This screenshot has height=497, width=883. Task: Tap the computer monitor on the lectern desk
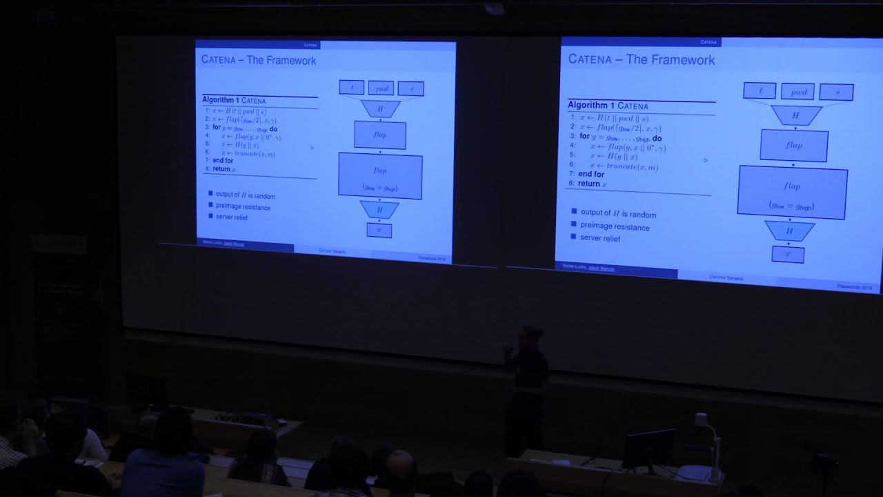click(648, 449)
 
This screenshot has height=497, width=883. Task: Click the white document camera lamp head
click(702, 419)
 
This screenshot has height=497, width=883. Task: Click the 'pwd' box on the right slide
click(797, 91)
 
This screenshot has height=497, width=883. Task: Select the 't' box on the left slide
click(351, 88)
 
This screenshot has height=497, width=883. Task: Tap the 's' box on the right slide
click(837, 92)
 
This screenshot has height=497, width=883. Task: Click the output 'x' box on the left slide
click(379, 230)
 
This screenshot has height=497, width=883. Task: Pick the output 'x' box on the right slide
click(787, 254)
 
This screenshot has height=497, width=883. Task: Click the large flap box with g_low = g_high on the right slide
click(791, 191)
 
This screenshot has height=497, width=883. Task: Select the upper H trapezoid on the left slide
click(380, 109)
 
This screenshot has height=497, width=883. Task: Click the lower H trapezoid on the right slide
click(789, 231)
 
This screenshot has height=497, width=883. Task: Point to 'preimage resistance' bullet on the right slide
click(614, 226)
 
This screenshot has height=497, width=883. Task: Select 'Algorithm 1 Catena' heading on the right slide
click(608, 106)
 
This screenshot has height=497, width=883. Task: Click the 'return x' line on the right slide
click(592, 184)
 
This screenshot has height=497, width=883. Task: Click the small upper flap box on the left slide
click(380, 135)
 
